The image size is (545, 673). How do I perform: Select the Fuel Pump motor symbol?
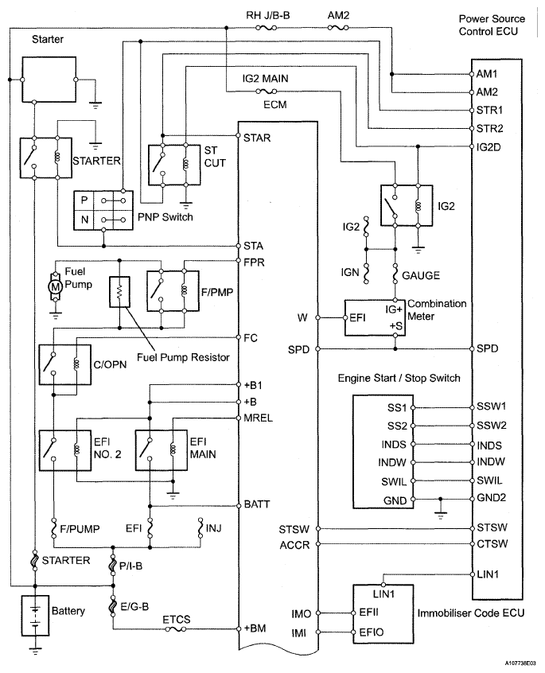pos(55,286)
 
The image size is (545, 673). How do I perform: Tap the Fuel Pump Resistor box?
pos(119,293)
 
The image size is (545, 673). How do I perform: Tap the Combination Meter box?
pos(374,316)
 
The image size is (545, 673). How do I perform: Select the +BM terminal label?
pos(255,628)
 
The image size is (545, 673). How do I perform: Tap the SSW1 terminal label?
pos(490,407)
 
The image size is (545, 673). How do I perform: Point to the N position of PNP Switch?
pos(85,219)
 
